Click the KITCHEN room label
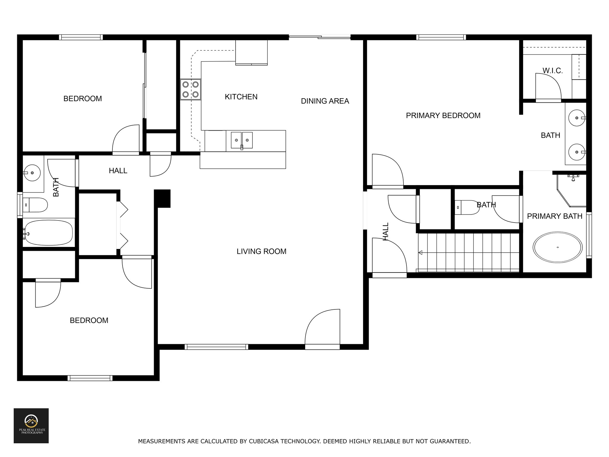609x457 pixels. point(241,97)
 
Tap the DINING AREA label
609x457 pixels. point(325,101)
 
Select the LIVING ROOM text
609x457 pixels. point(261,251)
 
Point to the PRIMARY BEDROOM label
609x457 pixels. point(443,115)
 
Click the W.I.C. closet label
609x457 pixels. point(553,71)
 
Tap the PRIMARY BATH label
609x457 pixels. point(555,216)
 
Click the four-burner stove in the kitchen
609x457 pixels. point(191,90)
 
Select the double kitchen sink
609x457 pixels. point(242,140)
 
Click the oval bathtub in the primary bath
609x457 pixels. point(558,247)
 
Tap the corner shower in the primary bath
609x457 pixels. point(572,191)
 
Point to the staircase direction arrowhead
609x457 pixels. point(420,253)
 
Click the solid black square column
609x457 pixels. point(162,198)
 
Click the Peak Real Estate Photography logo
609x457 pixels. point(31,426)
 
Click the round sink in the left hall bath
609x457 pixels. point(32,172)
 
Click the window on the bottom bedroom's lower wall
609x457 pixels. point(90,378)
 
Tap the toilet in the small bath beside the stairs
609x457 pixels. point(467,207)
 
